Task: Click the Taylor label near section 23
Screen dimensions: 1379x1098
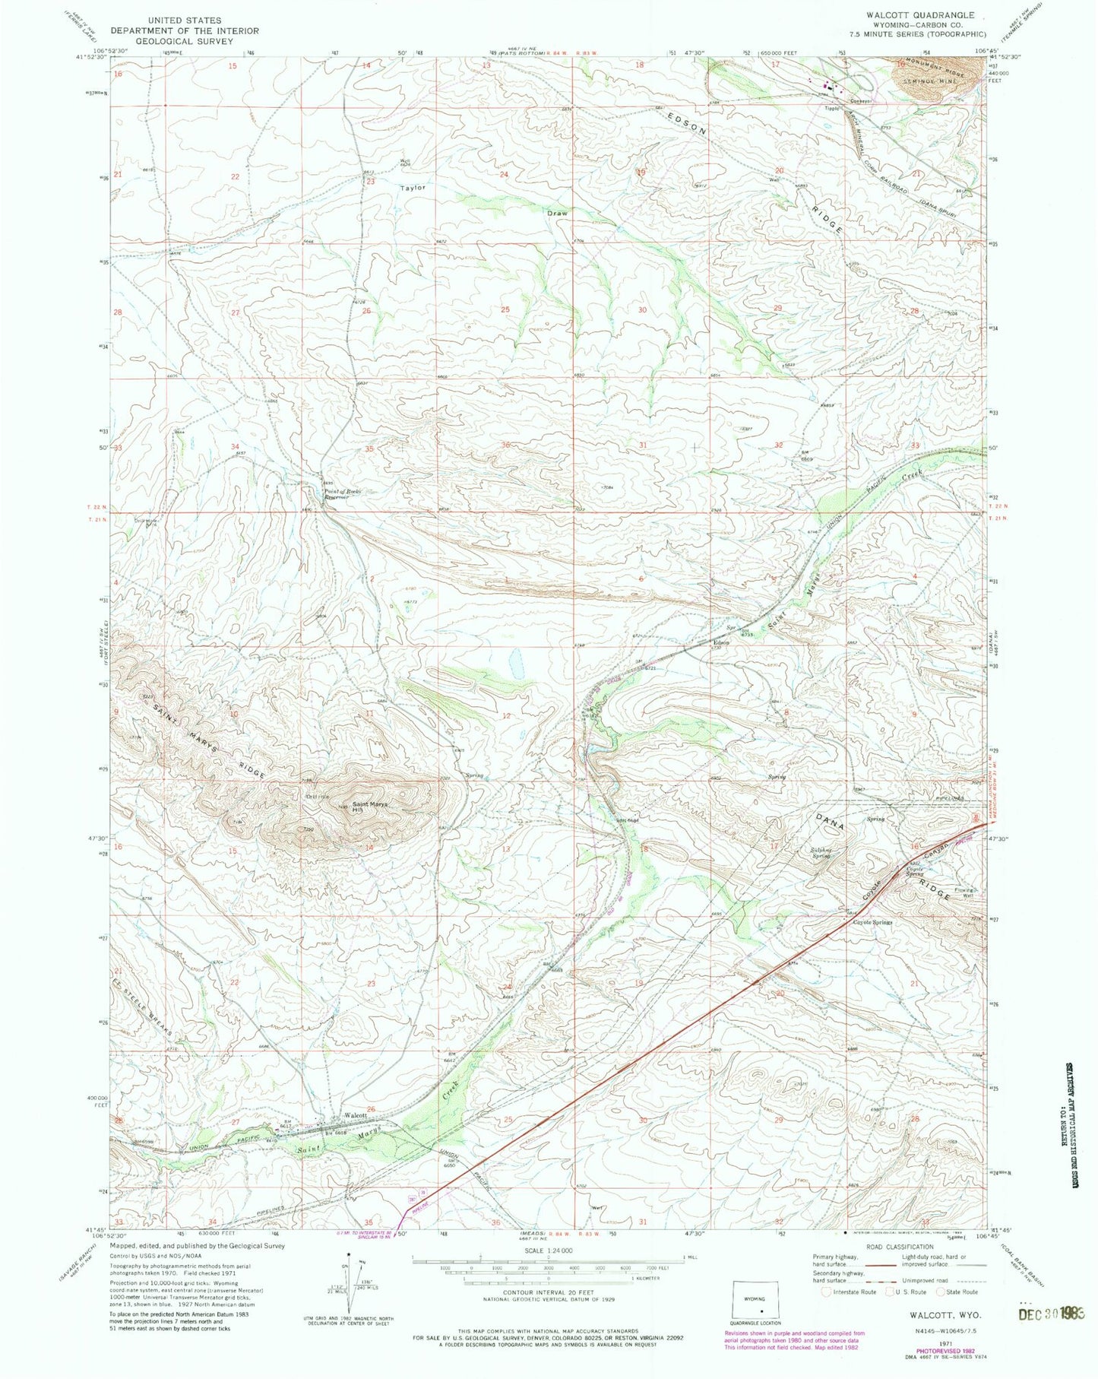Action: point(413,187)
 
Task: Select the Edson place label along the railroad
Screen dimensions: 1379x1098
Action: point(720,642)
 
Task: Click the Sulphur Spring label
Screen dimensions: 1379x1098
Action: point(818,853)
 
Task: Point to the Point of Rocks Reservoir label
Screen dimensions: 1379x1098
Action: point(337,494)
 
